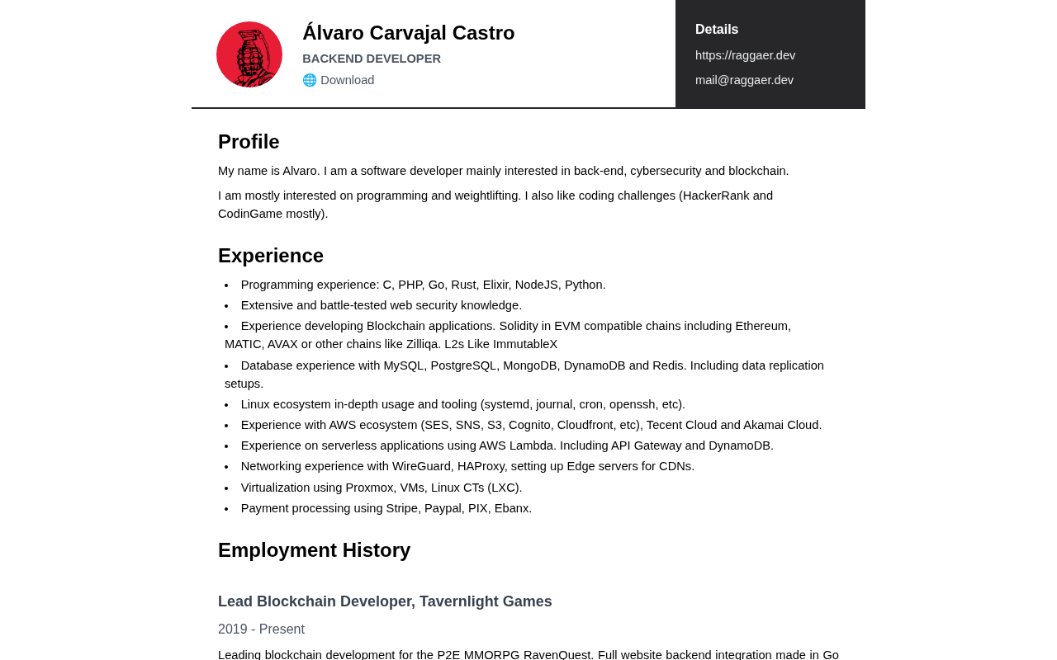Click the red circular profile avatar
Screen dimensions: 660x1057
[x=249, y=54]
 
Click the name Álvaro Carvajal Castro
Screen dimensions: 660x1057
[x=408, y=33]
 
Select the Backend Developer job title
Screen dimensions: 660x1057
[x=372, y=59]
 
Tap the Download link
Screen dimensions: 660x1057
[x=347, y=80]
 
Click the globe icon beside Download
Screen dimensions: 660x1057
[x=310, y=80]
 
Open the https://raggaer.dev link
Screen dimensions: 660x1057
[x=745, y=55]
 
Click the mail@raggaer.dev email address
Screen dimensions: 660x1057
[x=744, y=80]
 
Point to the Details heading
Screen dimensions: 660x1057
[x=717, y=30]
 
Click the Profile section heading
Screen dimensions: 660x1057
[x=249, y=142]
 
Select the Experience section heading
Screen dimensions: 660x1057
[x=271, y=256]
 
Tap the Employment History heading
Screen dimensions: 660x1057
[x=314, y=550]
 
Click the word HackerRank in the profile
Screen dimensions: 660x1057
[x=714, y=196]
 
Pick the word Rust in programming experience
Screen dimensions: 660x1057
[x=463, y=285]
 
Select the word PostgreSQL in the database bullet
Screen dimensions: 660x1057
[x=465, y=365]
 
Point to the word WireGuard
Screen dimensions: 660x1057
[x=421, y=466]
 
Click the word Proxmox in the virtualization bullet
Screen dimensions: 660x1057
[x=369, y=488]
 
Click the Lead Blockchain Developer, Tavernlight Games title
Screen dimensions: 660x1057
[x=385, y=601]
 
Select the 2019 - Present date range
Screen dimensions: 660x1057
[x=261, y=629]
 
